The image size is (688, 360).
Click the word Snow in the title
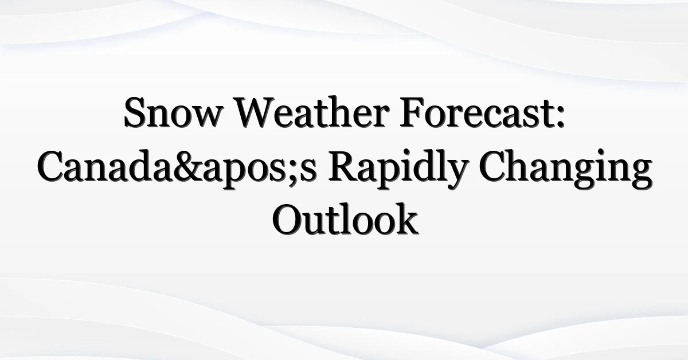click(x=173, y=112)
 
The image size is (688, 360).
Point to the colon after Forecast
click(x=561, y=117)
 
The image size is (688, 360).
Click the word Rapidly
click(x=397, y=170)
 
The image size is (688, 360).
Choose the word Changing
click(x=565, y=170)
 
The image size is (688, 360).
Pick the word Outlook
click(x=345, y=219)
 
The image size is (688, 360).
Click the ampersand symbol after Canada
click(x=189, y=166)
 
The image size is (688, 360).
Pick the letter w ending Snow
click(x=206, y=118)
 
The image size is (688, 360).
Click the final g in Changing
click(x=641, y=175)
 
